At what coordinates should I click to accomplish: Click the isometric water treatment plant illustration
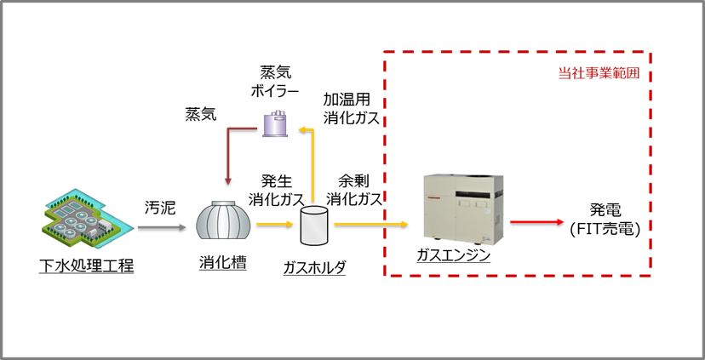click(x=88, y=218)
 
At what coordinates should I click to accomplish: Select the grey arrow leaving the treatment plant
click(x=161, y=227)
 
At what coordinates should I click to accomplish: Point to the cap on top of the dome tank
click(x=223, y=203)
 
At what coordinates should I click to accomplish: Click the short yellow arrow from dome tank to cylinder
click(x=274, y=224)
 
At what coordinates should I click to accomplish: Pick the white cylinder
click(x=314, y=226)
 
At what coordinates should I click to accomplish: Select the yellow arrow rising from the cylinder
click(x=312, y=166)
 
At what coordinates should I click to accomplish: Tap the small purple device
click(x=274, y=123)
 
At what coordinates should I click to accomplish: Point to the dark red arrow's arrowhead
click(x=227, y=180)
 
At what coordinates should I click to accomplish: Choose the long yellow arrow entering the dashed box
click(x=370, y=224)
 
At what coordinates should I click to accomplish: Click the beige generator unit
click(x=465, y=209)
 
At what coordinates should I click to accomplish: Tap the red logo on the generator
click(x=432, y=198)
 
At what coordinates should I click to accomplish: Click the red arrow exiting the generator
click(x=536, y=221)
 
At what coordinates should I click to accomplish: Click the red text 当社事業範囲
click(x=599, y=73)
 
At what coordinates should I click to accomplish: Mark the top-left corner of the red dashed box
click(x=385, y=53)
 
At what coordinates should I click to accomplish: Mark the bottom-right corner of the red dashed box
click(x=651, y=275)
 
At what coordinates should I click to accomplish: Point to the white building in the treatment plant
click(x=104, y=226)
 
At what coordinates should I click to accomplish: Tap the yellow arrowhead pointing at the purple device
click(x=301, y=129)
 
